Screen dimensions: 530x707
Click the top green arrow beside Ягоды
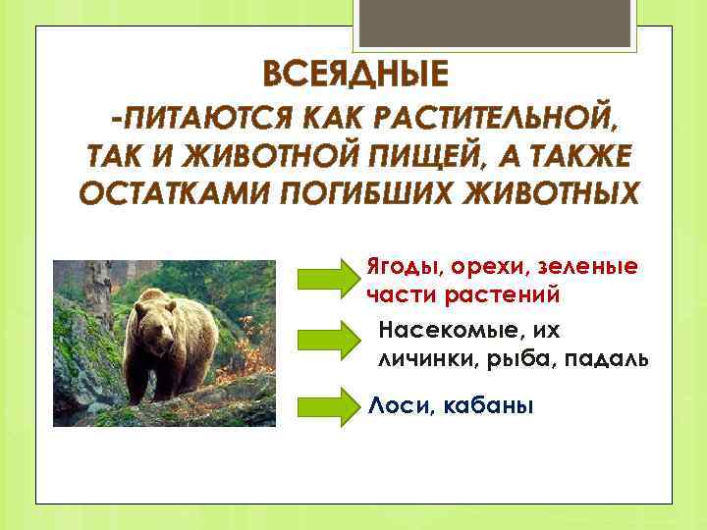(x=330, y=280)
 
